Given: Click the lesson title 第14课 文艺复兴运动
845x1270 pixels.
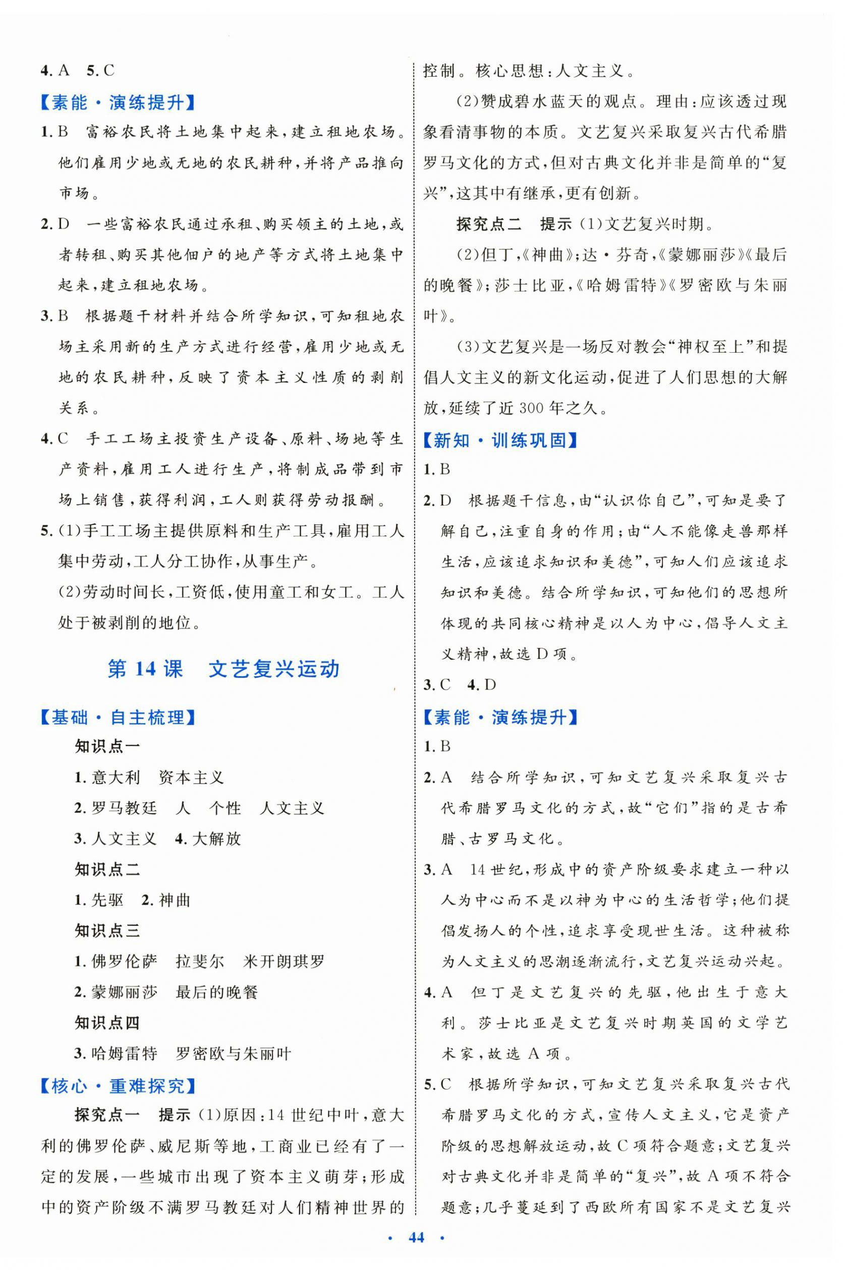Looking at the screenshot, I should (223, 670).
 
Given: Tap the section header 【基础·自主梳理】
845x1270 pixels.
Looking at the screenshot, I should (118, 718).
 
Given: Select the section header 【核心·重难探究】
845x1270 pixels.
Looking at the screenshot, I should (118, 1087).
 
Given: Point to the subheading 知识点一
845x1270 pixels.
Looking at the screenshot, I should (107, 747).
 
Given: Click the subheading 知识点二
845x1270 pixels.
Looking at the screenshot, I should (107, 869).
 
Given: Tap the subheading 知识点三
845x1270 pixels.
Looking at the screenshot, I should (107, 931).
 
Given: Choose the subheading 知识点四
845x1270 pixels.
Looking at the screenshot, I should (107, 1023).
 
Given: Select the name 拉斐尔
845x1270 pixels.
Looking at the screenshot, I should (199, 962).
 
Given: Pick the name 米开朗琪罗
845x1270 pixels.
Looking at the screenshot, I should (284, 962).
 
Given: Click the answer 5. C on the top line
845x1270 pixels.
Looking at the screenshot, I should (101, 71).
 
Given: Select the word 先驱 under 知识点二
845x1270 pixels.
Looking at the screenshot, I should (108, 900).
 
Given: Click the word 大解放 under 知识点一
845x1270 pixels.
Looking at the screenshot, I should (216, 839).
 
